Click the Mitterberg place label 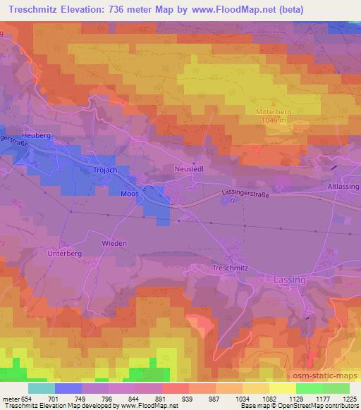272,111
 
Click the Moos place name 130,192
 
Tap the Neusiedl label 188,169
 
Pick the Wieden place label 115,243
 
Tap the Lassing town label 289,280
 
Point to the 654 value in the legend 26,398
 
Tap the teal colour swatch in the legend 42,388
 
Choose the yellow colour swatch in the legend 283,388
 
